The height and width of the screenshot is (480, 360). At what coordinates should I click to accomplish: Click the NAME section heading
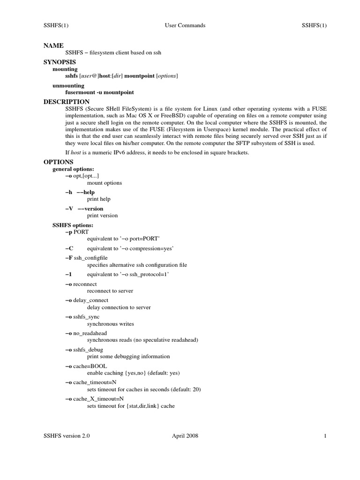pyautogui.click(x=53, y=45)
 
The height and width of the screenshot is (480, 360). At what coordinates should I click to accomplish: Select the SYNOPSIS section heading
pyautogui.click(x=60, y=62)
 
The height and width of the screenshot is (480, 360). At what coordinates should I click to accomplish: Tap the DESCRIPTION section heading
pyautogui.click(x=66, y=102)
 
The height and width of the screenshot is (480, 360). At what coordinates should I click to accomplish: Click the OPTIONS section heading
pyautogui.click(x=59, y=162)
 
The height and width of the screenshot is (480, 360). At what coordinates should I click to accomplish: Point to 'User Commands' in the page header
pyautogui.click(x=185, y=25)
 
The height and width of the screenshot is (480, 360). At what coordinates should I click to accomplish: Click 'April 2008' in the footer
pyautogui.click(x=185, y=436)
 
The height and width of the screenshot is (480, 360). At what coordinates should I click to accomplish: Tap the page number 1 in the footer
pyautogui.click(x=324, y=436)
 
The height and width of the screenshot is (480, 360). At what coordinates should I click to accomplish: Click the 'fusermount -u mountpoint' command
pyautogui.click(x=99, y=92)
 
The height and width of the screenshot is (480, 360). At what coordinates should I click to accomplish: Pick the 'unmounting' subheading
pyautogui.click(x=68, y=86)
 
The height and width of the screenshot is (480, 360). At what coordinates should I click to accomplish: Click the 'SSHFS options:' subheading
pyautogui.click(x=73, y=225)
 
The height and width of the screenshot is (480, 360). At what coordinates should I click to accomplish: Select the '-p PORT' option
pyautogui.click(x=77, y=232)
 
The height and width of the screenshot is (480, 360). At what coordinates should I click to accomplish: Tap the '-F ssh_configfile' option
pyautogui.click(x=87, y=258)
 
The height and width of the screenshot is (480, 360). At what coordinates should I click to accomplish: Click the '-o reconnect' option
pyautogui.click(x=81, y=284)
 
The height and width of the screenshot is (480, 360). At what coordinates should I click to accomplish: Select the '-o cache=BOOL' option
pyautogui.click(x=85, y=366)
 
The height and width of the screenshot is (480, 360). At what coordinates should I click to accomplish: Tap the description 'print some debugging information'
pyautogui.click(x=128, y=356)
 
